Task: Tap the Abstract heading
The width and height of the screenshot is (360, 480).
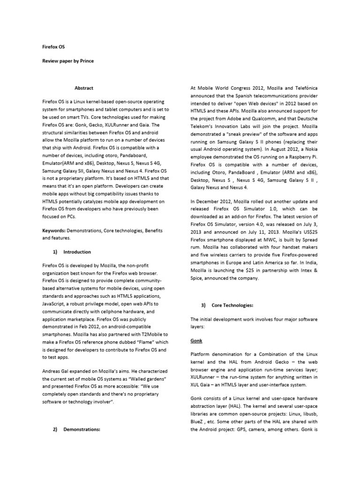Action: pos(84,88)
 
